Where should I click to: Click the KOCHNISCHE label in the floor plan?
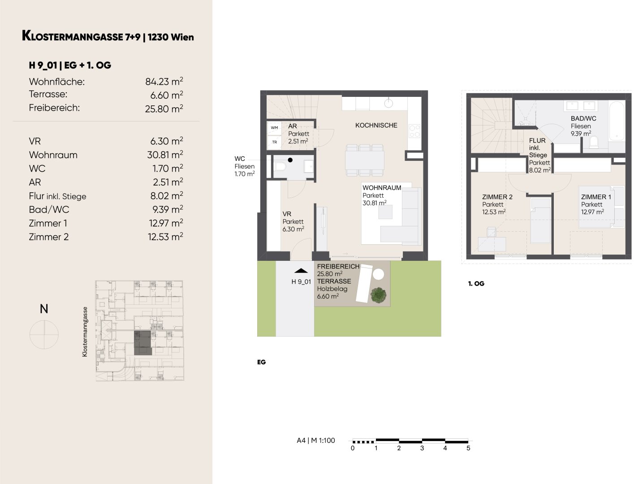click(376, 125)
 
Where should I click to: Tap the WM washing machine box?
click(274, 128)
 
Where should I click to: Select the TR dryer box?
click(274, 142)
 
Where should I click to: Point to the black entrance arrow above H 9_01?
click(301, 271)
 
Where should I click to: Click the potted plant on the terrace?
click(378, 295)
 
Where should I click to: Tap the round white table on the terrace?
click(378, 274)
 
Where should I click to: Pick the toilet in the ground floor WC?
click(279, 167)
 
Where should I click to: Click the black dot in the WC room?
click(290, 160)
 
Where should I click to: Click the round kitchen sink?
click(388, 103)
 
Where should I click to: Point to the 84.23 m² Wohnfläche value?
click(164, 82)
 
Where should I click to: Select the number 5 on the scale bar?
click(468, 448)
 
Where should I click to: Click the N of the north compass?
click(44, 309)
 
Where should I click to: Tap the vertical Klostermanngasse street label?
click(85, 332)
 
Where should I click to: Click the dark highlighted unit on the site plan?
click(142, 343)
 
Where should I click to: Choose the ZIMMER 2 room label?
click(497, 197)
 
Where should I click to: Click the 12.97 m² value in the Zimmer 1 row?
click(165, 223)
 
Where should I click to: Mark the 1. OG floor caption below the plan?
click(476, 284)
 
